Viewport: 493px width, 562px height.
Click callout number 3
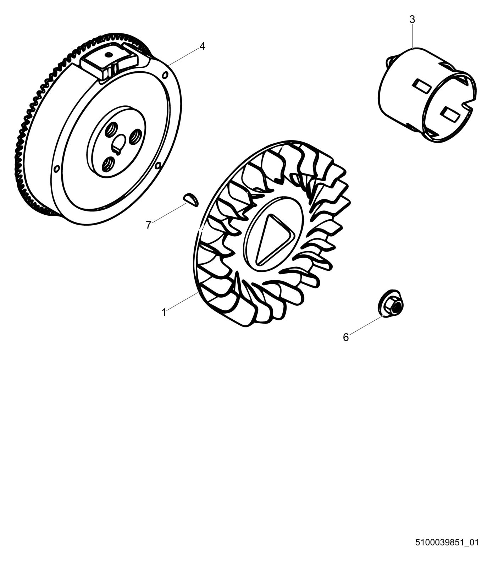point(412,20)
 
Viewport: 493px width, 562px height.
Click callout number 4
point(202,46)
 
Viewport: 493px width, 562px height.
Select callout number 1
point(164,312)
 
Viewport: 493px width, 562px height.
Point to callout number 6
point(346,337)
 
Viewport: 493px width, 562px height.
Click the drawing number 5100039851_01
point(447,542)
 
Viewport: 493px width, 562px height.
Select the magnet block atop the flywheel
point(110,62)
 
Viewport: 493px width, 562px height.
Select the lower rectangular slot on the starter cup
point(449,114)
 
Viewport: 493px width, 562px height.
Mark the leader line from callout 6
point(365,325)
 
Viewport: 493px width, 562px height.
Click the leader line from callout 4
point(184,55)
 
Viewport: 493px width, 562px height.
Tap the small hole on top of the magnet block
point(109,54)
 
